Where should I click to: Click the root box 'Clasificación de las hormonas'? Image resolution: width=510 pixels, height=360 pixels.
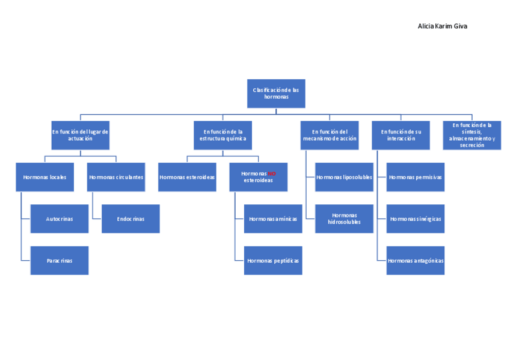pos(276,93)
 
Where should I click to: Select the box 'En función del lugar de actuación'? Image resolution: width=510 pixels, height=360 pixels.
pos(80,135)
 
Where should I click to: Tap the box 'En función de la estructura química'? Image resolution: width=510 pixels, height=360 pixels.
pos(223,135)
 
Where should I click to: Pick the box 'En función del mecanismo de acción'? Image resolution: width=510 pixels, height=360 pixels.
pos(330,135)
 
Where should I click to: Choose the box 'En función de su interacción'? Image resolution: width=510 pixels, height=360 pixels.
pos(401,135)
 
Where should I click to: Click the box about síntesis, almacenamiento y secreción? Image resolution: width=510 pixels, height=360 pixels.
pos(472,135)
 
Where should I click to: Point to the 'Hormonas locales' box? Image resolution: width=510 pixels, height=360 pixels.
pos(45,177)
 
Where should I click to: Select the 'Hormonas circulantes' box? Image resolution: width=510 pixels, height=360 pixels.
pos(116,177)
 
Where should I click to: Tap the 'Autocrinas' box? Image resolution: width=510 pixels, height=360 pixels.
pos(60,219)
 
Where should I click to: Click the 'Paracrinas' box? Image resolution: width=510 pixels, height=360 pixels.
pos(60,261)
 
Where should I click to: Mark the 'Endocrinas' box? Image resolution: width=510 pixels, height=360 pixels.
pos(131,219)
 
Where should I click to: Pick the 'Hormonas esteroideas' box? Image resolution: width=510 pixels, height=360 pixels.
pos(187,177)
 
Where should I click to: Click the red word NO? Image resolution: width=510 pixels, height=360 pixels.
pos(272,174)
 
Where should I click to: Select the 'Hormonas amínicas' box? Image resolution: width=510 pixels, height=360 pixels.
pos(273,219)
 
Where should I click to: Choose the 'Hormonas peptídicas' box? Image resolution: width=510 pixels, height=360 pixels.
pos(273,261)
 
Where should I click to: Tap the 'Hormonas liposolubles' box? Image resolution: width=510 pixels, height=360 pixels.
pos(344,177)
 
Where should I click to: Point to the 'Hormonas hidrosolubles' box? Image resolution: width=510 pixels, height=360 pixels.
pos(344,219)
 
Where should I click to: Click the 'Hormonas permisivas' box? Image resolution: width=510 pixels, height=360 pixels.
pos(415,177)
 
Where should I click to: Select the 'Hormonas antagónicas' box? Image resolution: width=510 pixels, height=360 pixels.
pos(415,261)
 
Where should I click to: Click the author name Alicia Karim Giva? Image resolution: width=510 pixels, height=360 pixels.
pos(442,26)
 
